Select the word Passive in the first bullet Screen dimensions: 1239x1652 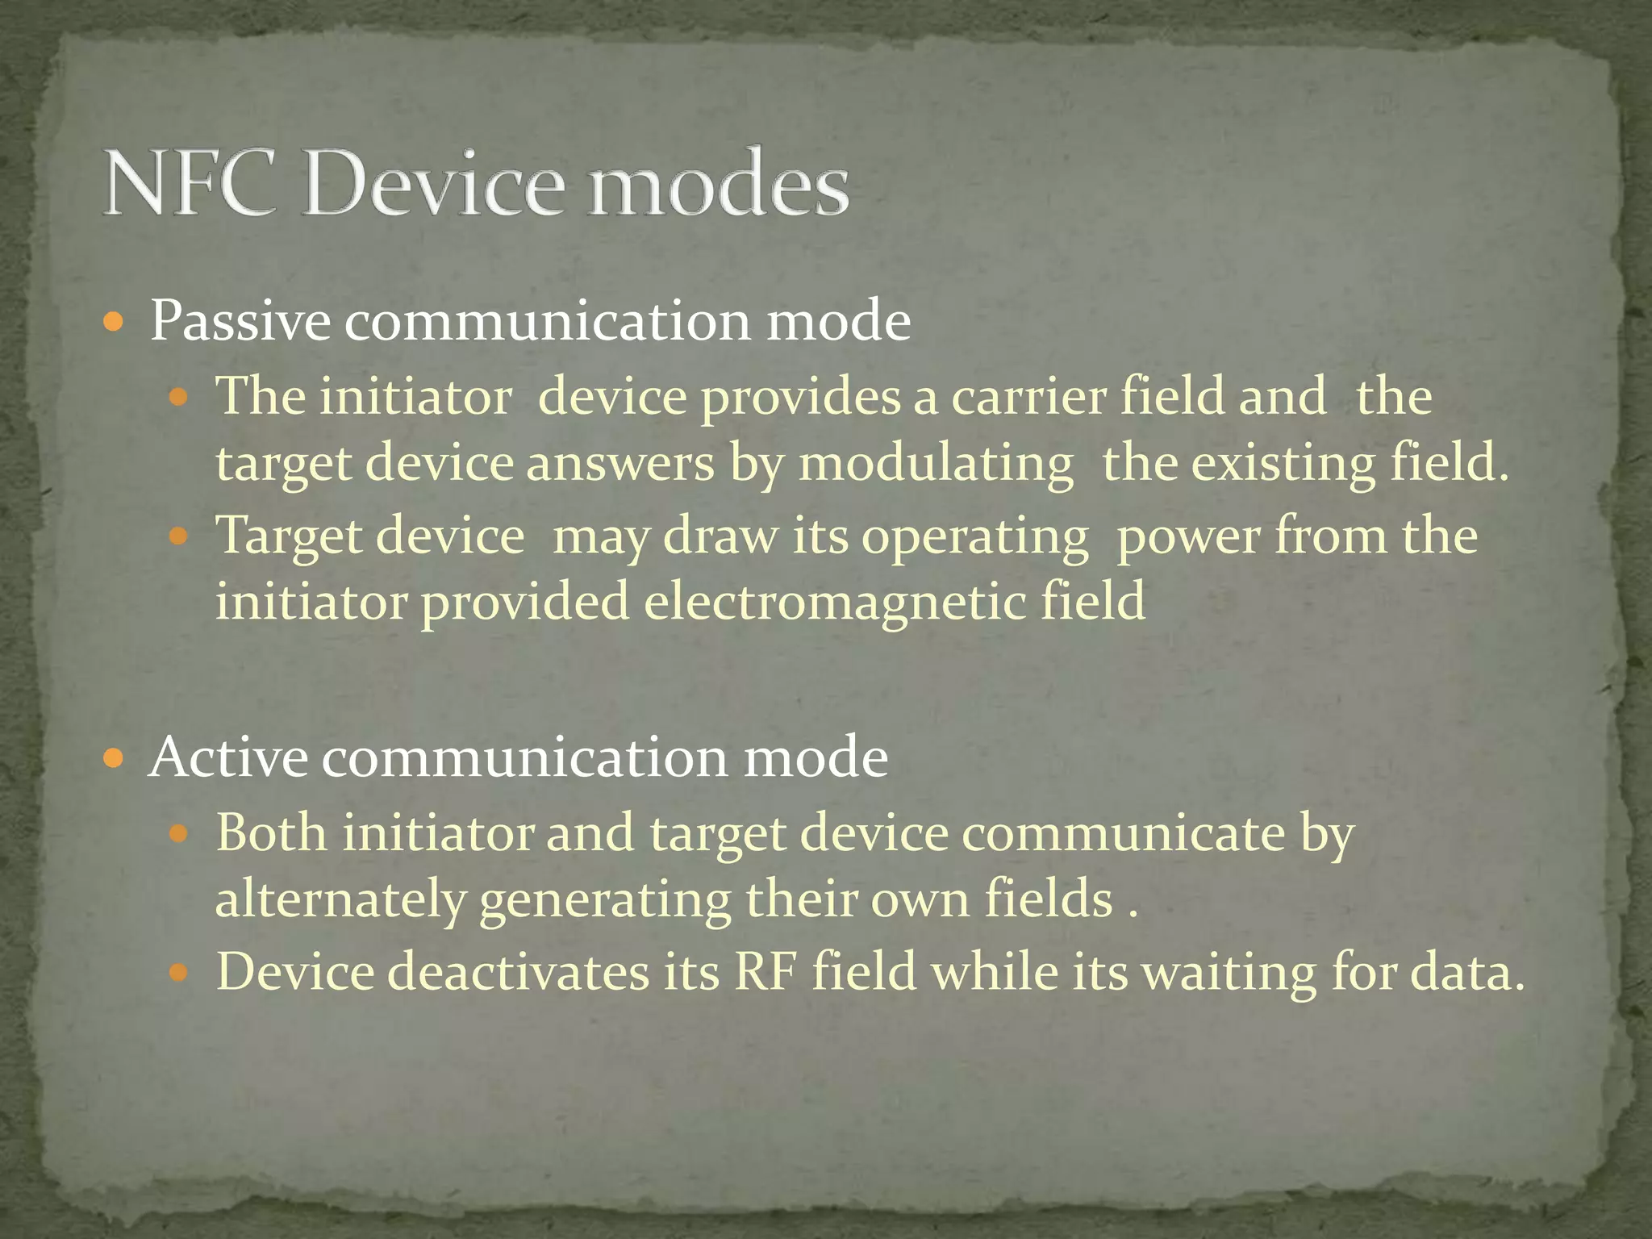tap(240, 321)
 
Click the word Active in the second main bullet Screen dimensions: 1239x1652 tap(228, 757)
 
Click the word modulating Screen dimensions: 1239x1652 tap(936, 465)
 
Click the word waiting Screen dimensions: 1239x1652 tap(1231, 972)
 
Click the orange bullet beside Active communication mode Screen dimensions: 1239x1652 tap(115, 759)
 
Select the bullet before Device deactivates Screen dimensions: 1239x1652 tap(179, 973)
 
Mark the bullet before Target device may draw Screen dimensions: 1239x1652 tap(179, 536)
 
